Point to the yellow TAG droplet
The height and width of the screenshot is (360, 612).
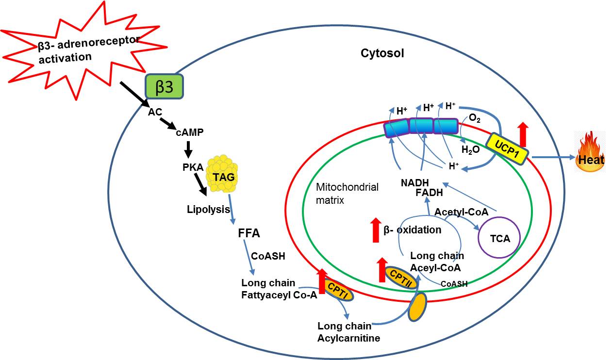coord(224,176)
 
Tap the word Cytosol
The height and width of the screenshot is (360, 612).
coord(382,54)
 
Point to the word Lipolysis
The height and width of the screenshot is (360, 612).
coord(208,210)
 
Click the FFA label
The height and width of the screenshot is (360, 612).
coord(249,233)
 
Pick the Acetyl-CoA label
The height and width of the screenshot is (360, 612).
coord(461,212)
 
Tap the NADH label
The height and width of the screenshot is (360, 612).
coord(415,183)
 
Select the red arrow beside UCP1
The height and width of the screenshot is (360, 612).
coord(522,134)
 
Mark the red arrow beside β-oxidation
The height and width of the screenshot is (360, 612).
coord(375,230)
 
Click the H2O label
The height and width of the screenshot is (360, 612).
coord(470,150)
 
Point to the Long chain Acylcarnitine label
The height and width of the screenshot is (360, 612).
coord(348,331)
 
